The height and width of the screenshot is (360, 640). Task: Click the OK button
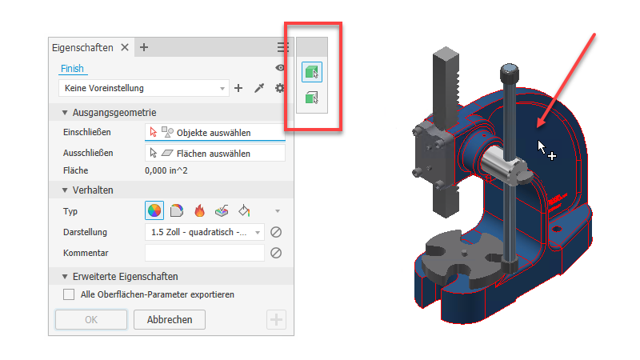click(91, 319)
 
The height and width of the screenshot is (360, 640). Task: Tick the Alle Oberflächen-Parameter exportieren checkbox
click(69, 294)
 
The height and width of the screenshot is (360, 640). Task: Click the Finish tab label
click(72, 68)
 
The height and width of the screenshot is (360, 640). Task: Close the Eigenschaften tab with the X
click(125, 47)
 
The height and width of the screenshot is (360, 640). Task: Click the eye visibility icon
click(280, 68)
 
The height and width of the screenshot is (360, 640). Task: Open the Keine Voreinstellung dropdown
click(143, 88)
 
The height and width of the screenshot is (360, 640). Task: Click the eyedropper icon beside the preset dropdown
click(259, 88)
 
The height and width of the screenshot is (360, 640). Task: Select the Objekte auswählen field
click(215, 133)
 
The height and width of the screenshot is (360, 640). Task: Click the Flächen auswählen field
click(215, 154)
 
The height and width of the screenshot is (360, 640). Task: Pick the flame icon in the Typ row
click(199, 210)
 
